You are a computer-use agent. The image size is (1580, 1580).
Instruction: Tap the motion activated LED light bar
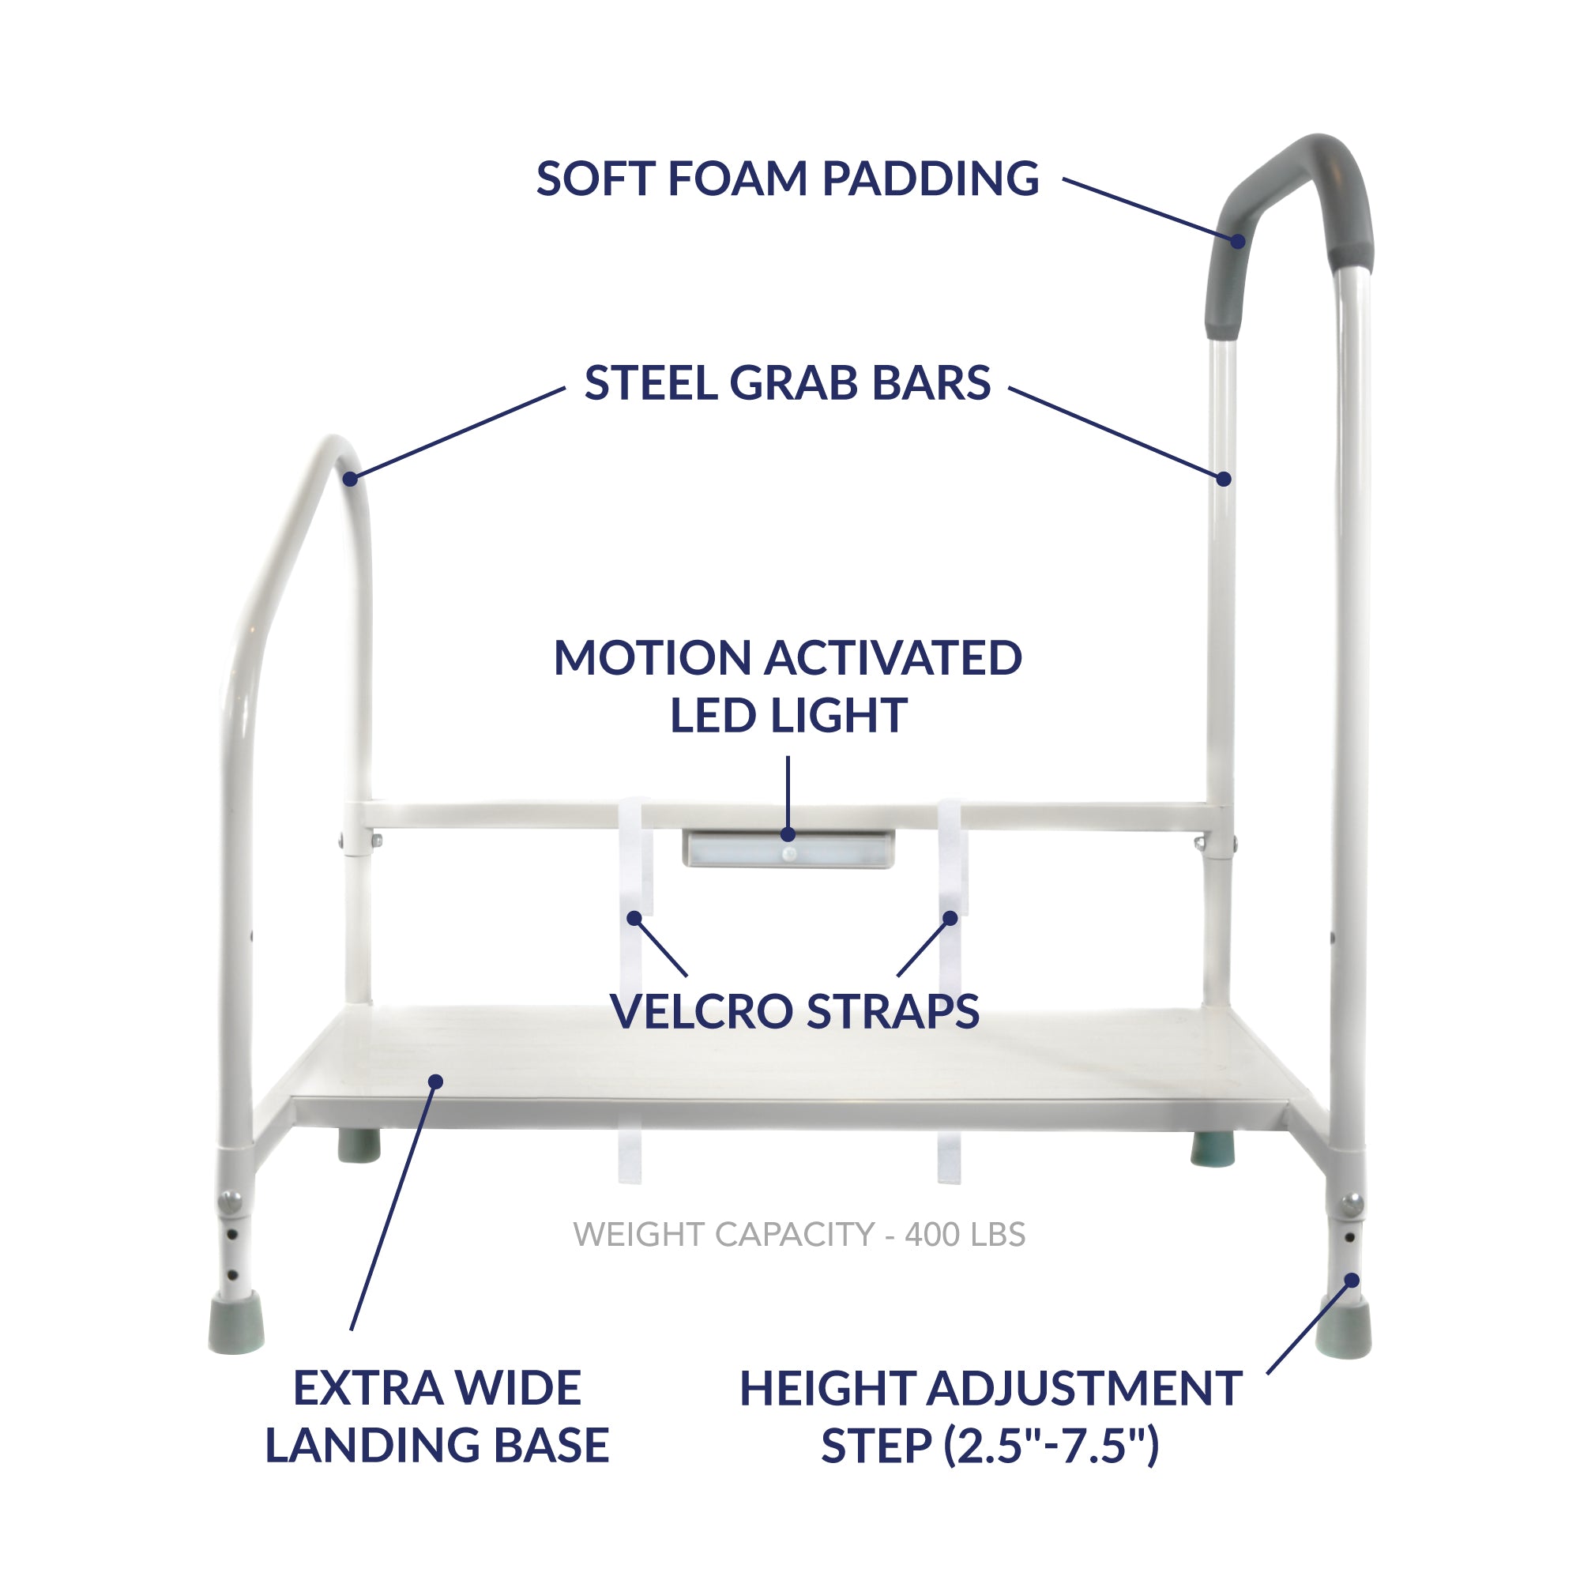click(x=789, y=849)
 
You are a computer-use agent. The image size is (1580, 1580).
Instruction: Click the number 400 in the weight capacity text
click(x=931, y=1235)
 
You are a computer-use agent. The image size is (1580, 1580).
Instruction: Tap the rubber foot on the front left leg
click(x=236, y=1322)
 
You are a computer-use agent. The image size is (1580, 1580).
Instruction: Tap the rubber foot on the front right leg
click(x=1344, y=1326)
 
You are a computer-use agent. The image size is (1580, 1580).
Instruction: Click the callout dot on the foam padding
click(x=1239, y=241)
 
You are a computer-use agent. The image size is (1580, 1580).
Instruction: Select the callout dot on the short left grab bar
click(x=350, y=480)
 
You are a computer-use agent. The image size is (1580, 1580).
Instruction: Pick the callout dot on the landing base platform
click(x=436, y=1082)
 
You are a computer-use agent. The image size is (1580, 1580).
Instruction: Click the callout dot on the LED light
click(x=788, y=834)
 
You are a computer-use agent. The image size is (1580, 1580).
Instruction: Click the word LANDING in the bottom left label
click(x=372, y=1445)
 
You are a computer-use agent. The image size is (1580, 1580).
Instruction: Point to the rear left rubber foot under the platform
click(x=359, y=1145)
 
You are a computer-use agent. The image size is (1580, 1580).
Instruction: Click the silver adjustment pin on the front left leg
click(x=231, y=1202)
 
